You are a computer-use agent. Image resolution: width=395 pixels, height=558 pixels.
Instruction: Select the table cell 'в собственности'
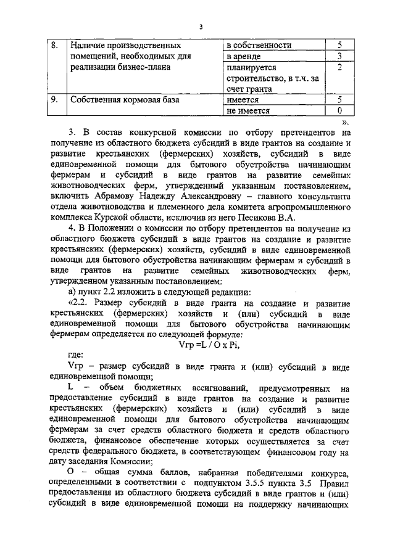[259, 45]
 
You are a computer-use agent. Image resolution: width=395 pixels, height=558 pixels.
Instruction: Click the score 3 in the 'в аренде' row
[339, 56]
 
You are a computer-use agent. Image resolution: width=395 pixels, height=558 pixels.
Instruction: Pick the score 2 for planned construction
[339, 67]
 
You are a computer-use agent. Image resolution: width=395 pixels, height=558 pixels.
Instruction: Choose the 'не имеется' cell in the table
[249, 110]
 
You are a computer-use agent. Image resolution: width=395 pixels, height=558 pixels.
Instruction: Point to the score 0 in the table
[339, 110]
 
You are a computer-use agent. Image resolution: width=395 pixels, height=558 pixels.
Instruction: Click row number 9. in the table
[54, 99]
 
